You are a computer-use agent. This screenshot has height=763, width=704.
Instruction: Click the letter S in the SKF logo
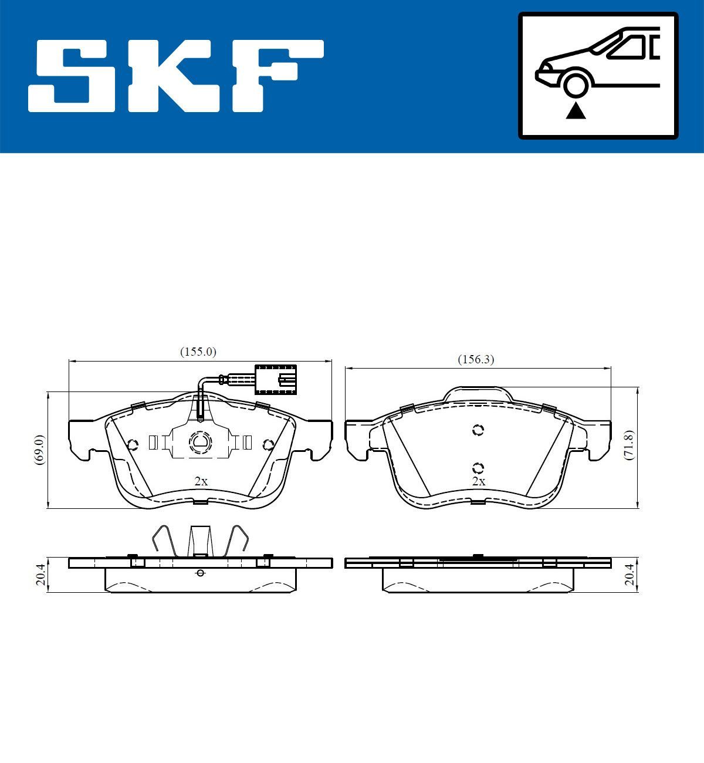coord(73,76)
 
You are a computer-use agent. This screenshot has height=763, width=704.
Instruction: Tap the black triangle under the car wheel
coord(576,110)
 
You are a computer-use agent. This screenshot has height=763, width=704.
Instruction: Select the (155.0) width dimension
coord(198,352)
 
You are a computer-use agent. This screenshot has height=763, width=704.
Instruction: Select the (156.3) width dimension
coord(476,360)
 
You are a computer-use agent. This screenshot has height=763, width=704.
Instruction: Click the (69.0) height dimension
coord(39,450)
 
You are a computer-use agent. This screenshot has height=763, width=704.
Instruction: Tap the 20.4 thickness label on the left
coord(40,575)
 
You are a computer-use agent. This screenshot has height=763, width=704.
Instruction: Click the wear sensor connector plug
coord(276,379)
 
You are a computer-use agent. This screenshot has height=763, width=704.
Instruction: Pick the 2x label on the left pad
coord(201,481)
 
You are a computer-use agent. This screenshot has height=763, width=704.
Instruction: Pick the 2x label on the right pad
coord(479,481)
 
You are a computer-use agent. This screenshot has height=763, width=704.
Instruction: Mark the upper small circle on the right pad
coord(478,430)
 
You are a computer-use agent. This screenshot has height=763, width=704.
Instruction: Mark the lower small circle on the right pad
coord(478,468)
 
